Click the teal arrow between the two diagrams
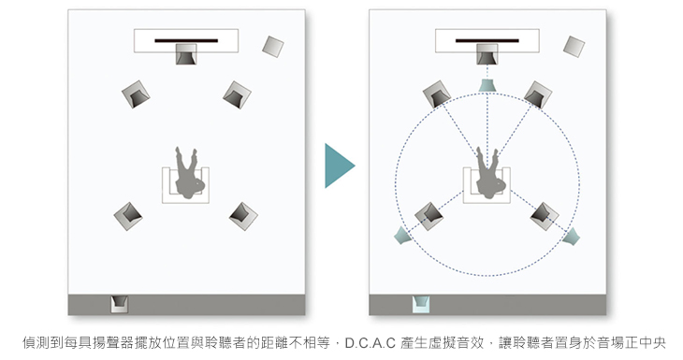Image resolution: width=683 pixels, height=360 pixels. point(338,166)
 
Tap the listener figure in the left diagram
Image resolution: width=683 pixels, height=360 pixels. point(189,173)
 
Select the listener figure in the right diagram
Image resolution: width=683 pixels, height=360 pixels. point(490,173)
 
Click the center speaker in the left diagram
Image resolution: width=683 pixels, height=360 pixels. point(186,54)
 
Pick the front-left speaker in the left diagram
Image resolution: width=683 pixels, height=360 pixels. point(136,94)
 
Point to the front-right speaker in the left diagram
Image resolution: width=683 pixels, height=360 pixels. point(237,94)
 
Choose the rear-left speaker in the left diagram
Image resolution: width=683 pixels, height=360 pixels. point(128,216)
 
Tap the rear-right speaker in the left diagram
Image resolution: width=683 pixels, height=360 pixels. point(243,216)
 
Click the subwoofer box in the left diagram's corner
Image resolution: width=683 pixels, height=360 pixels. point(273,47)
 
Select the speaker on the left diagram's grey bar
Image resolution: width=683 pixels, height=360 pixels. point(120,304)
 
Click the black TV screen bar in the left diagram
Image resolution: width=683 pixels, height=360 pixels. point(186,41)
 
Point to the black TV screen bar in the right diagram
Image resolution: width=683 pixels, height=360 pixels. point(487,41)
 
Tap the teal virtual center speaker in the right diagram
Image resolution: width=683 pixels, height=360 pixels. point(487,85)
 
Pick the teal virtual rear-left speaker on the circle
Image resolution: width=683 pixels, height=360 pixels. point(402,236)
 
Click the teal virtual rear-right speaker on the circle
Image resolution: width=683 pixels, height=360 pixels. point(571,237)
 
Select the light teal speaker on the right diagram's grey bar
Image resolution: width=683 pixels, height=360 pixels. point(421,304)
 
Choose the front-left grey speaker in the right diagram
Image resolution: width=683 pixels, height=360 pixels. point(437,94)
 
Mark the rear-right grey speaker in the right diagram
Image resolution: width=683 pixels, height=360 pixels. point(545,216)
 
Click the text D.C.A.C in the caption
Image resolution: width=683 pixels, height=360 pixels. point(370,343)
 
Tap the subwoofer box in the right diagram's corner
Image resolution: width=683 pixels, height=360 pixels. point(574,47)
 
